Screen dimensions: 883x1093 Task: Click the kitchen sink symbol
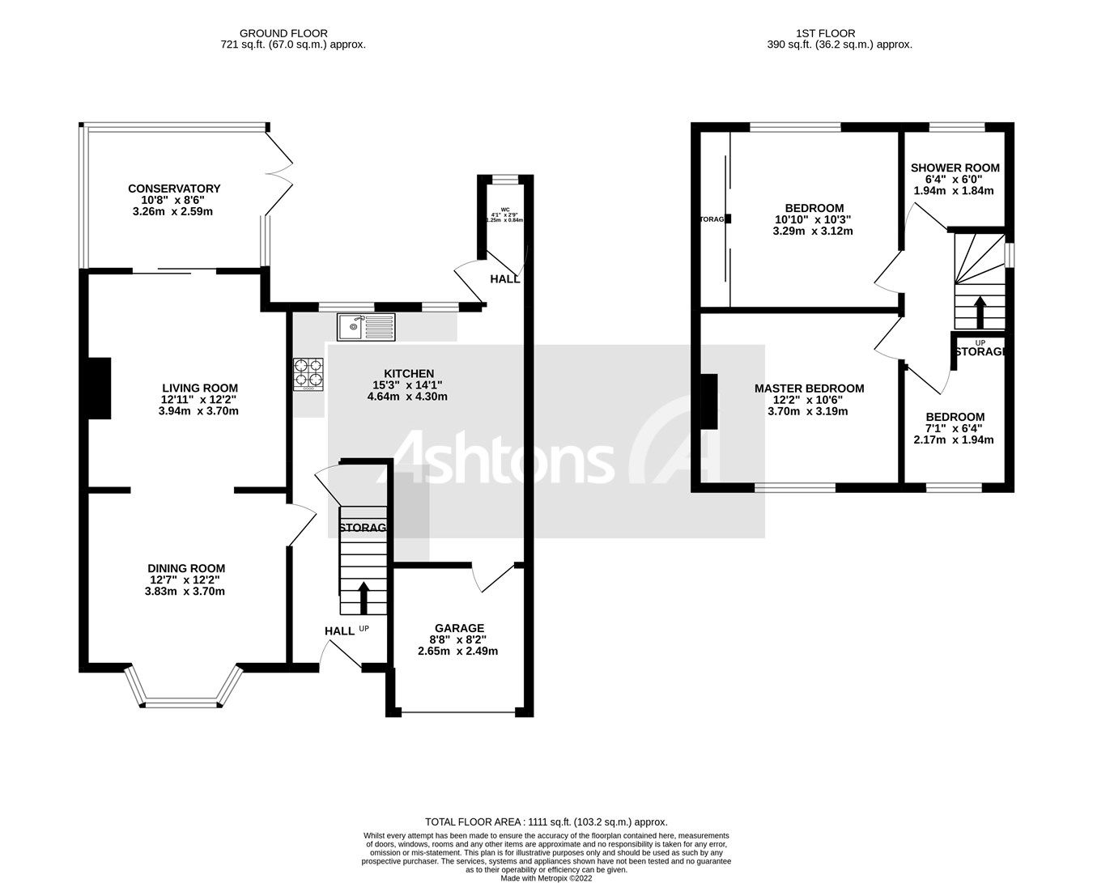366,326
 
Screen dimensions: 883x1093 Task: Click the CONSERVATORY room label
174,189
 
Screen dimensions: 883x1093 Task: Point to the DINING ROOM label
186,568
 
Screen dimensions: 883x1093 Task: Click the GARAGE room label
459,628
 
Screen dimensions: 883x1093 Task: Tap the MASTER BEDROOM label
809,388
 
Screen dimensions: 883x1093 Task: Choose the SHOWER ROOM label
955,168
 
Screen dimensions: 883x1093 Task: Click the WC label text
505,209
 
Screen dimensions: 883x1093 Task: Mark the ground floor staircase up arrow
363,596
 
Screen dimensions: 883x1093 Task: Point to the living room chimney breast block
99,388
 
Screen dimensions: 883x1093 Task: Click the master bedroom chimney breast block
709,401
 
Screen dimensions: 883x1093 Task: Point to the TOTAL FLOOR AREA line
546,821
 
